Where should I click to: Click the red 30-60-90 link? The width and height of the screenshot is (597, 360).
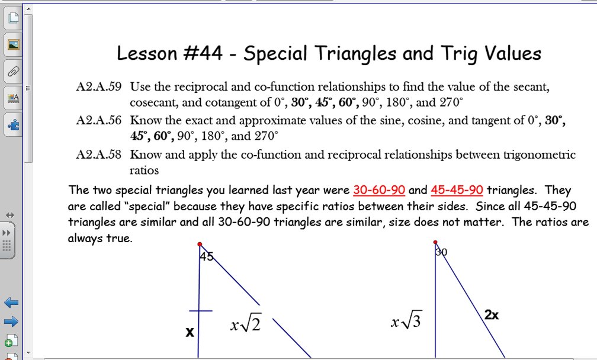click(x=379, y=190)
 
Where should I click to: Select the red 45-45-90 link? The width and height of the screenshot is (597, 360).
click(x=457, y=190)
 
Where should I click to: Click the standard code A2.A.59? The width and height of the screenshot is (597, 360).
click(x=99, y=87)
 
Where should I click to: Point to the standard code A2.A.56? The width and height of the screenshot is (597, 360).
click(x=99, y=120)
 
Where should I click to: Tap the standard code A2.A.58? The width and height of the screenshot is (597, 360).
click(x=99, y=155)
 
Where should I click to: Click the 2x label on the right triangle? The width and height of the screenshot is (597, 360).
click(x=491, y=315)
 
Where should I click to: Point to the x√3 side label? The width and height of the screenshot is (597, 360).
click(x=406, y=322)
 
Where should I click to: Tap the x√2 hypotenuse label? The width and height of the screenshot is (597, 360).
click(x=245, y=324)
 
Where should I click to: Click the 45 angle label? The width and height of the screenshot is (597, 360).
click(x=206, y=256)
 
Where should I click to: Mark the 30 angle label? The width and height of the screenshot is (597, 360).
click(x=441, y=252)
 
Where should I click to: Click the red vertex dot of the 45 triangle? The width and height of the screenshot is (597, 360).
click(x=200, y=244)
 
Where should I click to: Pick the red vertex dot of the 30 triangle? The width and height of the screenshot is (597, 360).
click(x=435, y=242)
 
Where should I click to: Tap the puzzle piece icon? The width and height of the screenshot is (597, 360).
click(x=12, y=124)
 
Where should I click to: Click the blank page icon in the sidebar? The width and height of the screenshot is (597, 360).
click(x=12, y=18)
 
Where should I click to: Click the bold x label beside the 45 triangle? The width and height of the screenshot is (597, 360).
click(x=190, y=332)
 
